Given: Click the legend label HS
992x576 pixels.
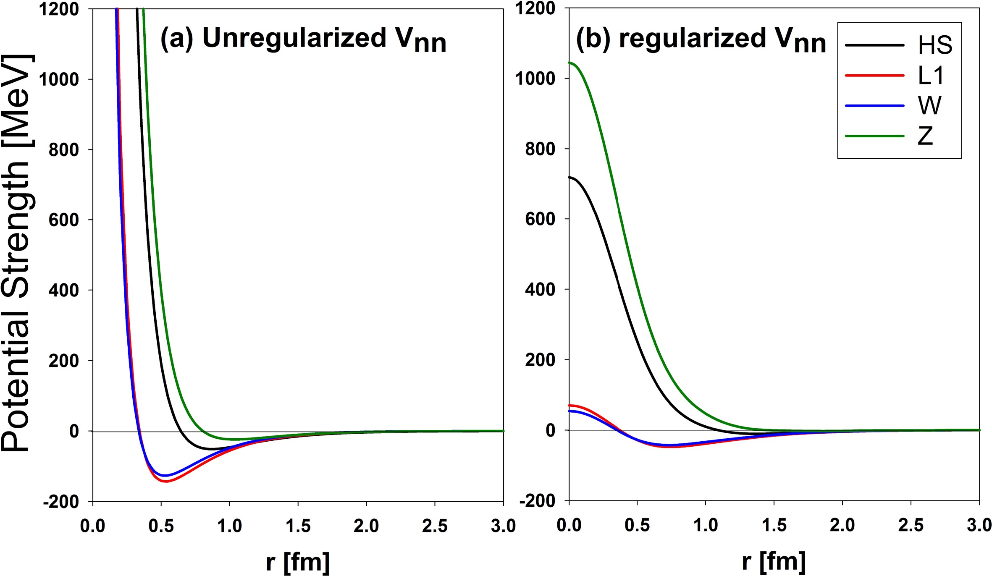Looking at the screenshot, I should click(x=935, y=45).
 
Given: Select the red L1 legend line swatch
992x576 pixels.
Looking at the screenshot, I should click(x=874, y=76).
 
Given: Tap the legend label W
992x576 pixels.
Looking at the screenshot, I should click(x=930, y=106).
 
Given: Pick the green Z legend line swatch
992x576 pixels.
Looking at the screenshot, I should click(x=874, y=136).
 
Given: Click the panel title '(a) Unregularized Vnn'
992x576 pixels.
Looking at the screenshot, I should click(x=303, y=39).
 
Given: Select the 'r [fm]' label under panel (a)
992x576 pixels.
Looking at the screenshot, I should click(x=298, y=562).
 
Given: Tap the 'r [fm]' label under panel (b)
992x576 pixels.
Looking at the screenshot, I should click(x=774, y=562).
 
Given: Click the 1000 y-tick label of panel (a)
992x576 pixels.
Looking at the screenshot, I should click(x=59, y=79).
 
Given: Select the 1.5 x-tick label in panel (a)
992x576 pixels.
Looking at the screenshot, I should click(x=298, y=526).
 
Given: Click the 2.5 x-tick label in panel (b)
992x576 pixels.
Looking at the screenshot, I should click(x=911, y=526).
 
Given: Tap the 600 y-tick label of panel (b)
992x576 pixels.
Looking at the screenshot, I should click(x=540, y=219).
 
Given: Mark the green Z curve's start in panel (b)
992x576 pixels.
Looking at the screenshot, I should click(x=569, y=63).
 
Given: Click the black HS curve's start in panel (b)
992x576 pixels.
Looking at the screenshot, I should click(x=569, y=177).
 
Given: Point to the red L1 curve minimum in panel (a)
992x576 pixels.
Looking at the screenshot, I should click(x=166, y=481).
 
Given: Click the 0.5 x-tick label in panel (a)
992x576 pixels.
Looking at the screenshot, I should click(x=161, y=526).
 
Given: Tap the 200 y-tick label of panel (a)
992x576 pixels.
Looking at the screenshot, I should click(x=64, y=361).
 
